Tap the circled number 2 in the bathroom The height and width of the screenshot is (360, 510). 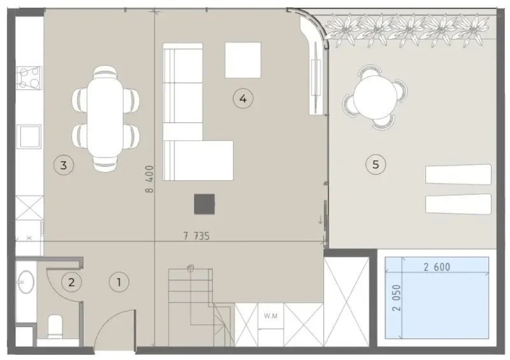71,281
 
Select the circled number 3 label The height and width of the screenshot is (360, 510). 63,165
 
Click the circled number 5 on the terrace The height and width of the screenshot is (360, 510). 375,164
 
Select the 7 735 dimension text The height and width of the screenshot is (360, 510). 196,236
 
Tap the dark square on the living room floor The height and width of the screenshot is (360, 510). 205,204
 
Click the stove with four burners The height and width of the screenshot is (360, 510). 29,77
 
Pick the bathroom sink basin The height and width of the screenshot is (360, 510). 25,281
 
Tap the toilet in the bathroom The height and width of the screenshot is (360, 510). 55,326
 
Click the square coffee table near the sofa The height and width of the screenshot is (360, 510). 243,59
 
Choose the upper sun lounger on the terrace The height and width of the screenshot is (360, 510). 458,175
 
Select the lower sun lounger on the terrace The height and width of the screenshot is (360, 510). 458,204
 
